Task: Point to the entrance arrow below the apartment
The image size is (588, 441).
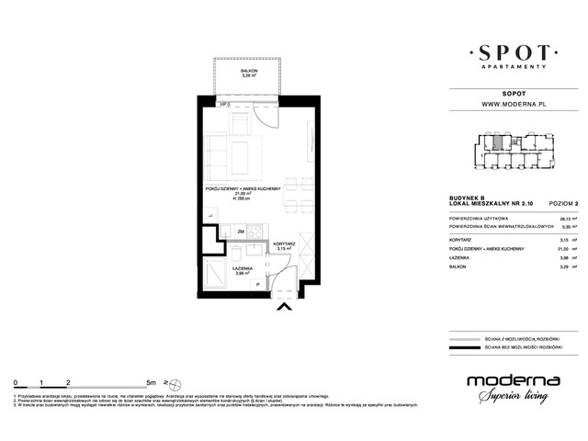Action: pos(286,309)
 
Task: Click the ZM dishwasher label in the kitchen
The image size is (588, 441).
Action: pos(241,232)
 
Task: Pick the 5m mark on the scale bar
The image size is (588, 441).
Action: pos(149,379)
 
